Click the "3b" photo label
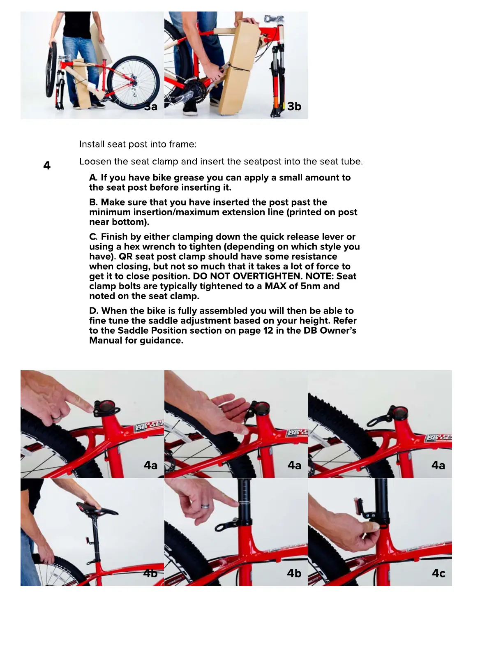294,106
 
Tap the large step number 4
47,165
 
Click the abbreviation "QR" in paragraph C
125,256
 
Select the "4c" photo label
438,573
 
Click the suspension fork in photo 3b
277,72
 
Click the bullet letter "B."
93,202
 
